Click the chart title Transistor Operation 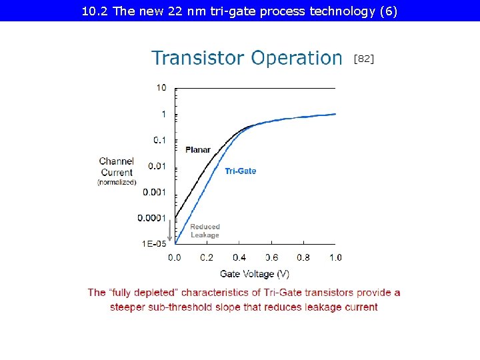tap(247, 59)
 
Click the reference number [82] tap(363, 59)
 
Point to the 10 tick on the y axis tap(161, 87)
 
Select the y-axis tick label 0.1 tap(160, 140)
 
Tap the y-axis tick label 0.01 tap(157, 166)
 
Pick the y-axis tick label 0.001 tap(155, 192)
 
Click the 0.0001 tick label tap(152, 218)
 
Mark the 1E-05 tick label tap(154, 244)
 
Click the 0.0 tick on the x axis tap(174, 257)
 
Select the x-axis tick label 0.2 tap(207, 257)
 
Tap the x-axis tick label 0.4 tap(239, 257)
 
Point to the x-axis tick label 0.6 tap(271, 257)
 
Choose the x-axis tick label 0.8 tap(303, 257)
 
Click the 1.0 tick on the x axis tap(335, 257)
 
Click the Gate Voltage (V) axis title tap(255, 273)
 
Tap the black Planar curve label tap(197, 149)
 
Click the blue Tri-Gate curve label tap(240, 171)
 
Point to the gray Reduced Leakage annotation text tap(205, 231)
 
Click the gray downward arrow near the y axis tap(169, 231)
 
